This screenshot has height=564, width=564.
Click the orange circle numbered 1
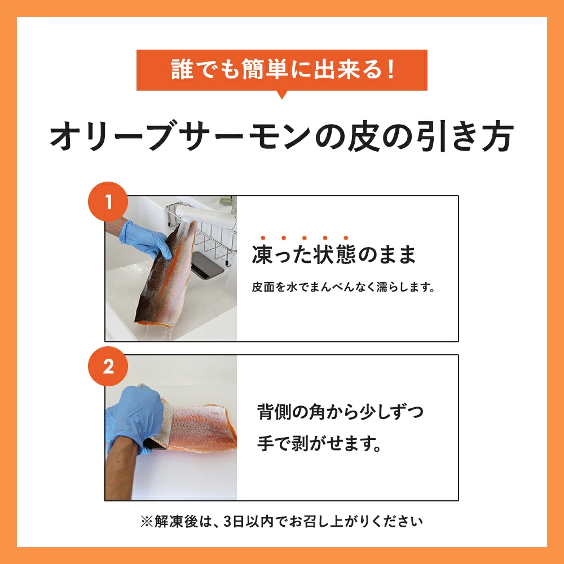[108, 201]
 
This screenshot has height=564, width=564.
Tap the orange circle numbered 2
[108, 366]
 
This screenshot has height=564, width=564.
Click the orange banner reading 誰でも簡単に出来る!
[282, 70]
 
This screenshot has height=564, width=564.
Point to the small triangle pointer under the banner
[282, 95]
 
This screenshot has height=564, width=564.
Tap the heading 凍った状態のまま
[334, 254]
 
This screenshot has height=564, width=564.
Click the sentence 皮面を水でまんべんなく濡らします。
[343, 287]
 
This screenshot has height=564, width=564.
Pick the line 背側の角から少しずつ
[340, 412]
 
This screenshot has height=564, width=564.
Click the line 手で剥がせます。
[319, 443]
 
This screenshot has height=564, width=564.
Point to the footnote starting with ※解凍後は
[281, 521]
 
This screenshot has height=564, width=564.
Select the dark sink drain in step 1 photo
[208, 265]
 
